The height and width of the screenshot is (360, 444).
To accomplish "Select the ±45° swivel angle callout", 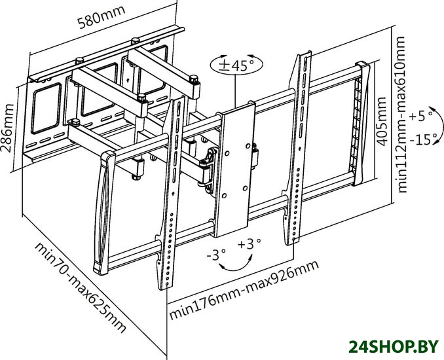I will click(236, 65).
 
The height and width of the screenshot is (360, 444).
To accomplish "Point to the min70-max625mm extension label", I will click(79, 287).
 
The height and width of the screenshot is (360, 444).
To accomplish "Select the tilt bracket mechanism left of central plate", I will click(208, 166).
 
